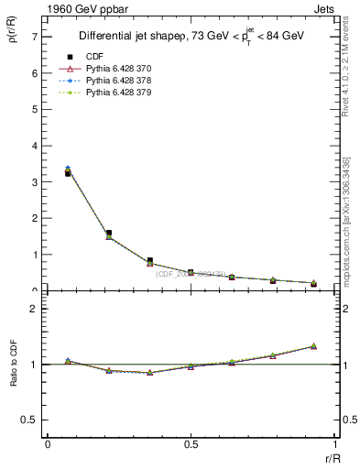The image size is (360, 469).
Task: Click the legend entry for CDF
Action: point(93,57)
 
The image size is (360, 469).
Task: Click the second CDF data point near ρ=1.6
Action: point(109,233)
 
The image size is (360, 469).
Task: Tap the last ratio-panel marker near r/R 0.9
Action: point(313,346)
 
